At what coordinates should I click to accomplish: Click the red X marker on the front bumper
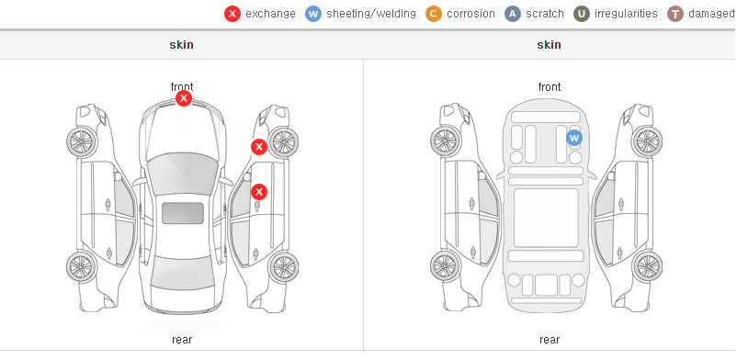pos(184,98)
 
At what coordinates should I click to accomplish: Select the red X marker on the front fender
pos(258,147)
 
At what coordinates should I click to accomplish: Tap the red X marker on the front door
pos(258,192)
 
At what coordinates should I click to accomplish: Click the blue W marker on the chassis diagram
pos(574,138)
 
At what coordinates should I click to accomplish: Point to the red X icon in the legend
pos(232,14)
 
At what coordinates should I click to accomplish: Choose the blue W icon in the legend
pos(313,14)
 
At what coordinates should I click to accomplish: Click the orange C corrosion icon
pos(434,14)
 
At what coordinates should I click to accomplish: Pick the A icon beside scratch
pos(513,14)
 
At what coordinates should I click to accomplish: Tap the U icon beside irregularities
pos(582,14)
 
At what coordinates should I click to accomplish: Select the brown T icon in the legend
pos(675,14)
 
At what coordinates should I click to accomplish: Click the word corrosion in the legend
pos(471,14)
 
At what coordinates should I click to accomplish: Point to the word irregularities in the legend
pos(626,14)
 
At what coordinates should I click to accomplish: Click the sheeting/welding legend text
pos(371,14)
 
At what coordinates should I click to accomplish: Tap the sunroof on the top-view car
pos(183,213)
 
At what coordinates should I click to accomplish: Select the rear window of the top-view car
pos(183,273)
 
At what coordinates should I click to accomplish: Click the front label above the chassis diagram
pos(550,87)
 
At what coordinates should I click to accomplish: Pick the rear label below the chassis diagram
pos(550,339)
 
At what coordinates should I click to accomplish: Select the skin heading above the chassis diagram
pos(549,45)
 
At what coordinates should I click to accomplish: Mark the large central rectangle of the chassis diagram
pos(546,218)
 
